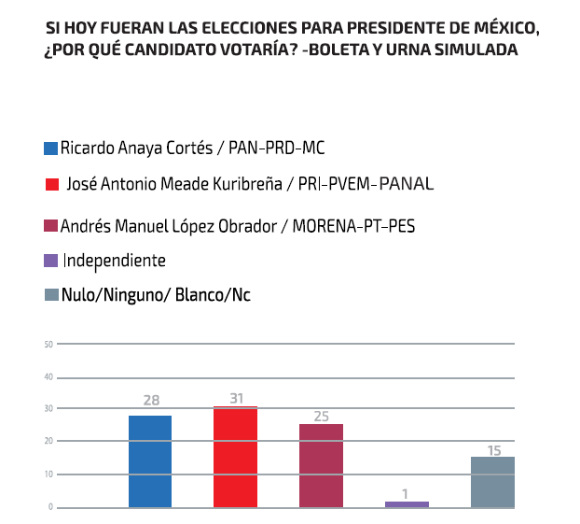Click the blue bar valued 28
click(150, 461)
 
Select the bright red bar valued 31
click(235, 457)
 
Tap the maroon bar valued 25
click(321, 465)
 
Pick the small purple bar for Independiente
click(407, 504)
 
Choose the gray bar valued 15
click(492, 482)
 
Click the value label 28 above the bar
click(151, 401)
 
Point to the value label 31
click(236, 398)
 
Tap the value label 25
click(322, 416)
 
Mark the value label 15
click(494, 449)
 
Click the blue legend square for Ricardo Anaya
click(50, 148)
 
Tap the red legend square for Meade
click(50, 184)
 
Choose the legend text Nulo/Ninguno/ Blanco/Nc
click(156, 295)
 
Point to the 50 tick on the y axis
click(48, 345)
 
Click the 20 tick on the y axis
click(48, 441)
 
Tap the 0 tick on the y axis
click(50, 507)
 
